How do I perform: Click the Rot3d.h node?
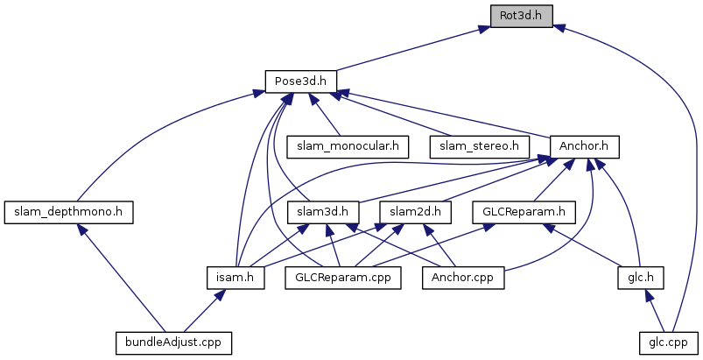pos(520,15)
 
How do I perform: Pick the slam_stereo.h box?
pos(480,145)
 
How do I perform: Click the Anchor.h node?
pos(584,145)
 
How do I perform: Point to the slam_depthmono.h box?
pos(68,211)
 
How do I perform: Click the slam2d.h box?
pos(416,211)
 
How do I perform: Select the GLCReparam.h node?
pos(524,211)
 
